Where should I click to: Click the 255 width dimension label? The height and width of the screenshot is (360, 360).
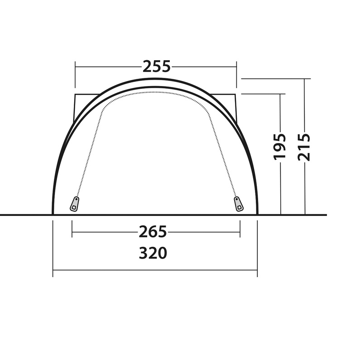pyautogui.click(x=157, y=67)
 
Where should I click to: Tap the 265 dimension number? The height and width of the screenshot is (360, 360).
pyautogui.click(x=153, y=232)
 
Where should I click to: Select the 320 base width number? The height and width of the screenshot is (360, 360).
pyautogui.click(x=153, y=253)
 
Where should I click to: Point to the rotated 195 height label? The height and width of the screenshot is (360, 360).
pyautogui.click(x=280, y=147)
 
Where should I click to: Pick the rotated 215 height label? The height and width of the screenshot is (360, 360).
pyautogui.click(x=304, y=147)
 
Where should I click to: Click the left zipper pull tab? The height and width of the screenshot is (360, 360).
pyautogui.click(x=74, y=204)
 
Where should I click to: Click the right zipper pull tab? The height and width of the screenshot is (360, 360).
pyautogui.click(x=239, y=204)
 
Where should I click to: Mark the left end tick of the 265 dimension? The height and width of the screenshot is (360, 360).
pyautogui.click(x=72, y=229)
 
